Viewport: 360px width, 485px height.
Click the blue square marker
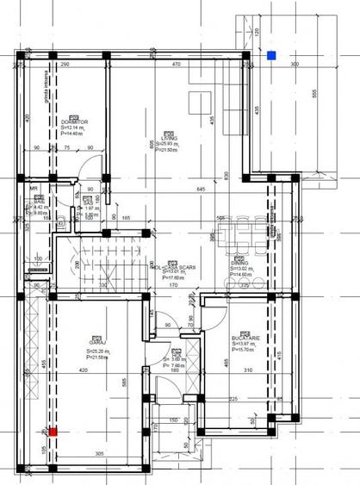point(271,56)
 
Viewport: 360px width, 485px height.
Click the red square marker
point(52,432)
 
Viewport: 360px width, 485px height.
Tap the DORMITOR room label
point(75,123)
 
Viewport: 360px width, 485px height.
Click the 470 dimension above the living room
point(176,65)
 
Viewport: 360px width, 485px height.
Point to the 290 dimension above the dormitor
point(64,65)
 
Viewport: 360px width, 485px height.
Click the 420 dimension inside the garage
point(84,370)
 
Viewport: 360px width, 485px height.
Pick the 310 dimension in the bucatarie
point(247,370)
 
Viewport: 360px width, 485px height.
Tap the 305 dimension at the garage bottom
point(98,453)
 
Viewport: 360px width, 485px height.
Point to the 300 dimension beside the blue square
point(294,65)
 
